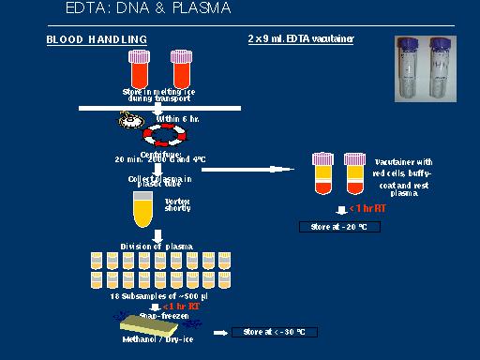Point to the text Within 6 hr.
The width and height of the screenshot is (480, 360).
tap(178, 118)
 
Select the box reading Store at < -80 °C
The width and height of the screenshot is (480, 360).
tap(276, 332)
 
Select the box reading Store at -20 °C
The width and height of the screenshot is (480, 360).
tap(334, 227)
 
